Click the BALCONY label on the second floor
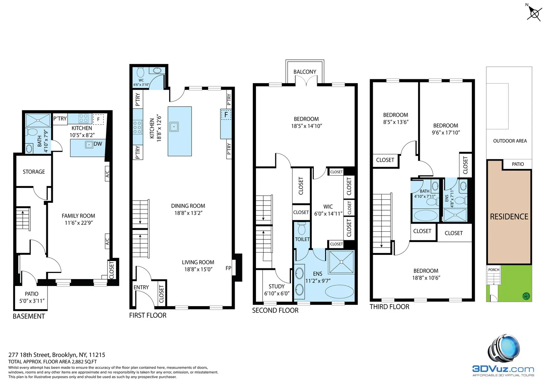tap(304, 72)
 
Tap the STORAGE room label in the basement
tap(34, 172)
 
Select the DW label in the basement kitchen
tap(98, 144)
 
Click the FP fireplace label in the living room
tap(228, 268)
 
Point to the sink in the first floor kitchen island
tap(174, 127)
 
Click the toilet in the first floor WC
tap(141, 72)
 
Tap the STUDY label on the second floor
tap(276, 286)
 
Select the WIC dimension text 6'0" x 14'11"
tap(328, 214)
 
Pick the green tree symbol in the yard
tap(526, 296)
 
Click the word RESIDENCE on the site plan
tap(509, 216)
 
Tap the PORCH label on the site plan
tap(494, 269)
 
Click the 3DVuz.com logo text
tap(503, 369)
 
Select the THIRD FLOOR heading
tap(389, 307)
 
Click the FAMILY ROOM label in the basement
tap(78, 216)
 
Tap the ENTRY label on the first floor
tap(141, 287)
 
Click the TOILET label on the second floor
tap(302, 239)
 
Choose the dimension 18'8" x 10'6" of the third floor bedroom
tap(426, 278)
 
